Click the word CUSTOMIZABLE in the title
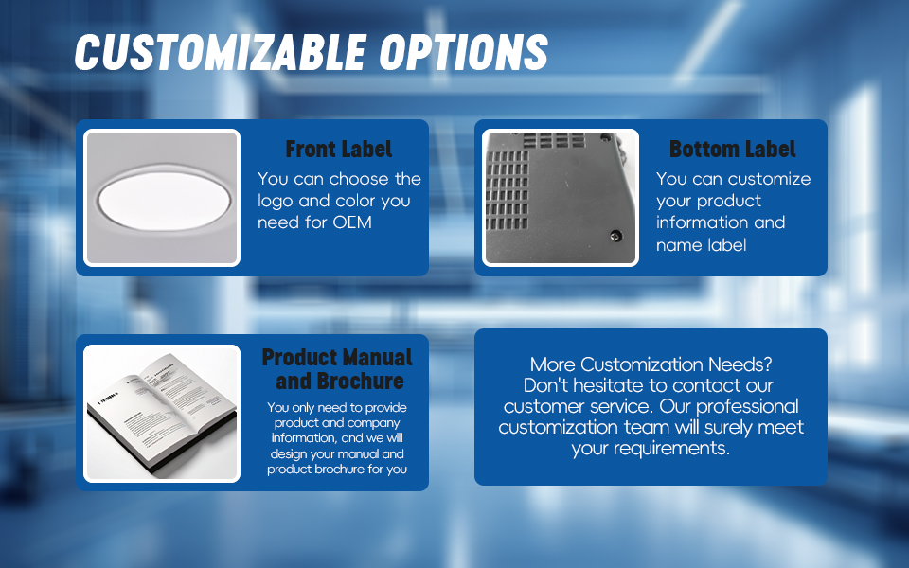pos(221,52)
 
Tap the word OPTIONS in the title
pos(464,52)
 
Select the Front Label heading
pos(339,149)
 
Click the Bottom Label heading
pos(732,149)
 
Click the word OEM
pos(352,222)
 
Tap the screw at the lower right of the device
pos(615,236)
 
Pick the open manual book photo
pos(162,414)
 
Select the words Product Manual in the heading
pos(337,357)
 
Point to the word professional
pos(747,407)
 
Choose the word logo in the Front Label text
pos(275,201)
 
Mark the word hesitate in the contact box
pos(609,385)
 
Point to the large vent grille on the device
pos(507,189)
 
